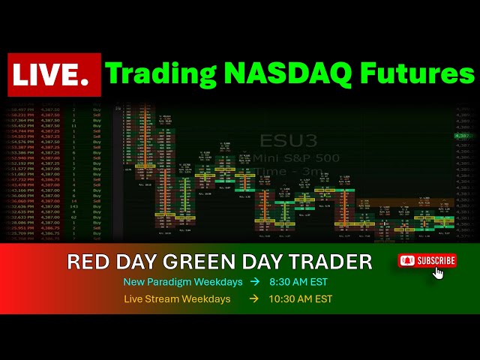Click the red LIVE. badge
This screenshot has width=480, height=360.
(53, 75)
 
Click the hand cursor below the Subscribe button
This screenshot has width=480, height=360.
(439, 272)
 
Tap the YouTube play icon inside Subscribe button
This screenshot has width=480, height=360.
(408, 260)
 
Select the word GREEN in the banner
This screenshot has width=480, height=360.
(225, 262)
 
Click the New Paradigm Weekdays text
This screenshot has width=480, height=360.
(183, 282)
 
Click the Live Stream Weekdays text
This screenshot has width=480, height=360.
(183, 298)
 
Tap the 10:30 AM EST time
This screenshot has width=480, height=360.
(301, 298)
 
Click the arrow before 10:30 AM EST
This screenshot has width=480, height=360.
(253, 298)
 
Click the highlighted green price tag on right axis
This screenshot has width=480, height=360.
(463, 136)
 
